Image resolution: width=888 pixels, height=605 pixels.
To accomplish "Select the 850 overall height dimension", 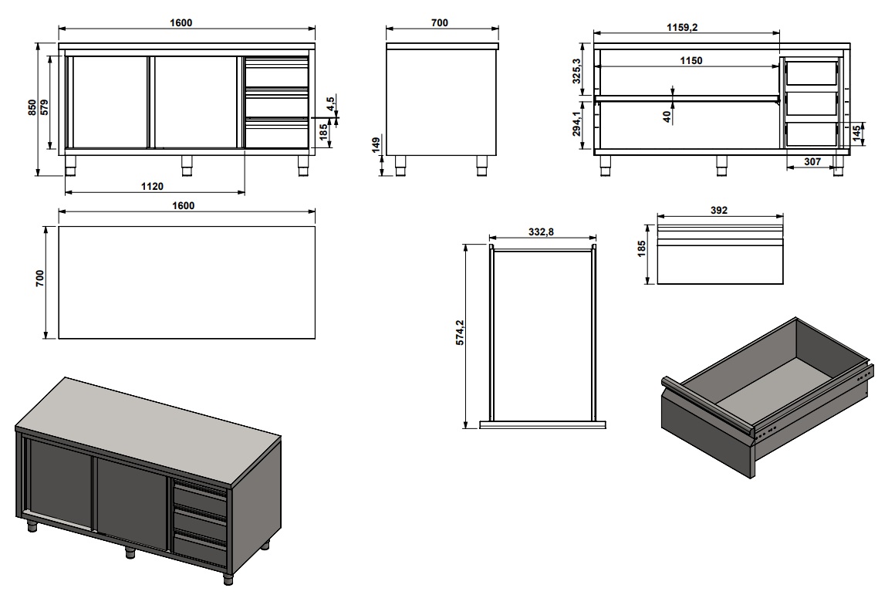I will tap(32, 109).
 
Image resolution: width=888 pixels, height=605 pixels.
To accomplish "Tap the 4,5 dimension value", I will tap(330, 104).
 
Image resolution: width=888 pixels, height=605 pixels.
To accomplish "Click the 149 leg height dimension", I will tap(376, 144).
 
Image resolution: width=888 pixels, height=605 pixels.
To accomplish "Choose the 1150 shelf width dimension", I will tap(690, 60).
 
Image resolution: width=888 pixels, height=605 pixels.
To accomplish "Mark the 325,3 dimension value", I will tap(576, 69).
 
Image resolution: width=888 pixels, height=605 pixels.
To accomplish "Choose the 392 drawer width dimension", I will tap(720, 210).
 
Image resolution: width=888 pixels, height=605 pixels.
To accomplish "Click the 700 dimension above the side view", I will tap(439, 23).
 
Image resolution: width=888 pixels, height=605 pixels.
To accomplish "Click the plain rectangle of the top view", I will tap(187, 282).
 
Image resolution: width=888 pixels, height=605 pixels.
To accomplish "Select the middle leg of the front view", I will tap(187, 163).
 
